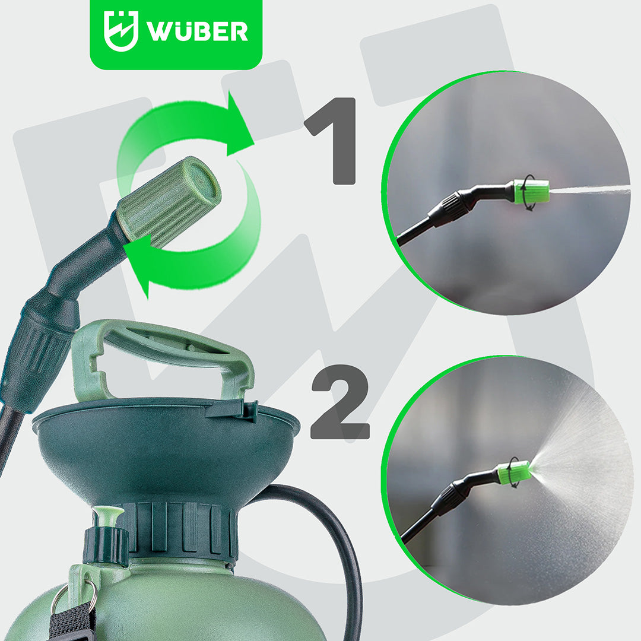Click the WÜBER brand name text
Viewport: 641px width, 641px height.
pos(198,31)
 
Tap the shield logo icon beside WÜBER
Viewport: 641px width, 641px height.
pos(121,31)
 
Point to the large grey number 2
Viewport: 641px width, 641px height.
pos(340,402)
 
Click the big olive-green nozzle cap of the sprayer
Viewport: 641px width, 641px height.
pos(169,202)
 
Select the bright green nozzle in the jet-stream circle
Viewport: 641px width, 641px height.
pos(531,192)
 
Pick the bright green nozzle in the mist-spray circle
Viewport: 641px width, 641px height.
pos(514,472)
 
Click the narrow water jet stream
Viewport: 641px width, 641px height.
pos(589,190)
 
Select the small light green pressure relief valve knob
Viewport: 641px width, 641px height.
pos(108,516)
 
